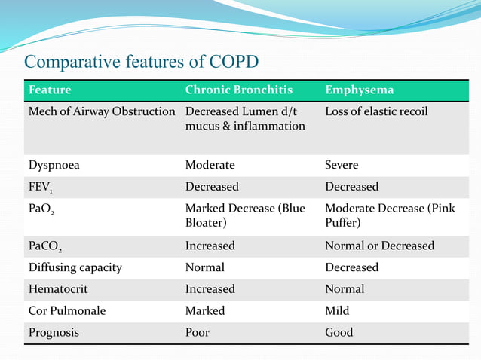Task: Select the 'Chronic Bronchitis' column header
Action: pyautogui.click(x=238, y=90)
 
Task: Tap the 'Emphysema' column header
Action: pyautogui.click(x=359, y=90)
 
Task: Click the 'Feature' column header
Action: pyautogui.click(x=50, y=90)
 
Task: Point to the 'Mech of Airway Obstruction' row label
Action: pyautogui.click(x=102, y=111)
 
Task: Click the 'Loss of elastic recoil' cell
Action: pyautogui.click(x=376, y=111)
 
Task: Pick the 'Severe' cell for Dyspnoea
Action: pyautogui.click(x=342, y=164)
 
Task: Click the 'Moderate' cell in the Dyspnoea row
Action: pyautogui.click(x=210, y=164)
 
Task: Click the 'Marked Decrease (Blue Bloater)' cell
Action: pyautogui.click(x=245, y=215)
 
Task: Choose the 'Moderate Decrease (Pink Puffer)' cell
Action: pyautogui.click(x=390, y=215)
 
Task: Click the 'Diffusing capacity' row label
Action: pyautogui.click(x=75, y=267)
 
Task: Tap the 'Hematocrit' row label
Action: pyautogui.click(x=57, y=289)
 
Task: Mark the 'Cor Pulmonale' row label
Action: pyautogui.click(x=67, y=310)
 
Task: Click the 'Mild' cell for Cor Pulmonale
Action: pyautogui.click(x=337, y=310)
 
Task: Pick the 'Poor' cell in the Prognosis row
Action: pyautogui.click(x=198, y=332)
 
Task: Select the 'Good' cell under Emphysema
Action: pyautogui.click(x=339, y=332)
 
